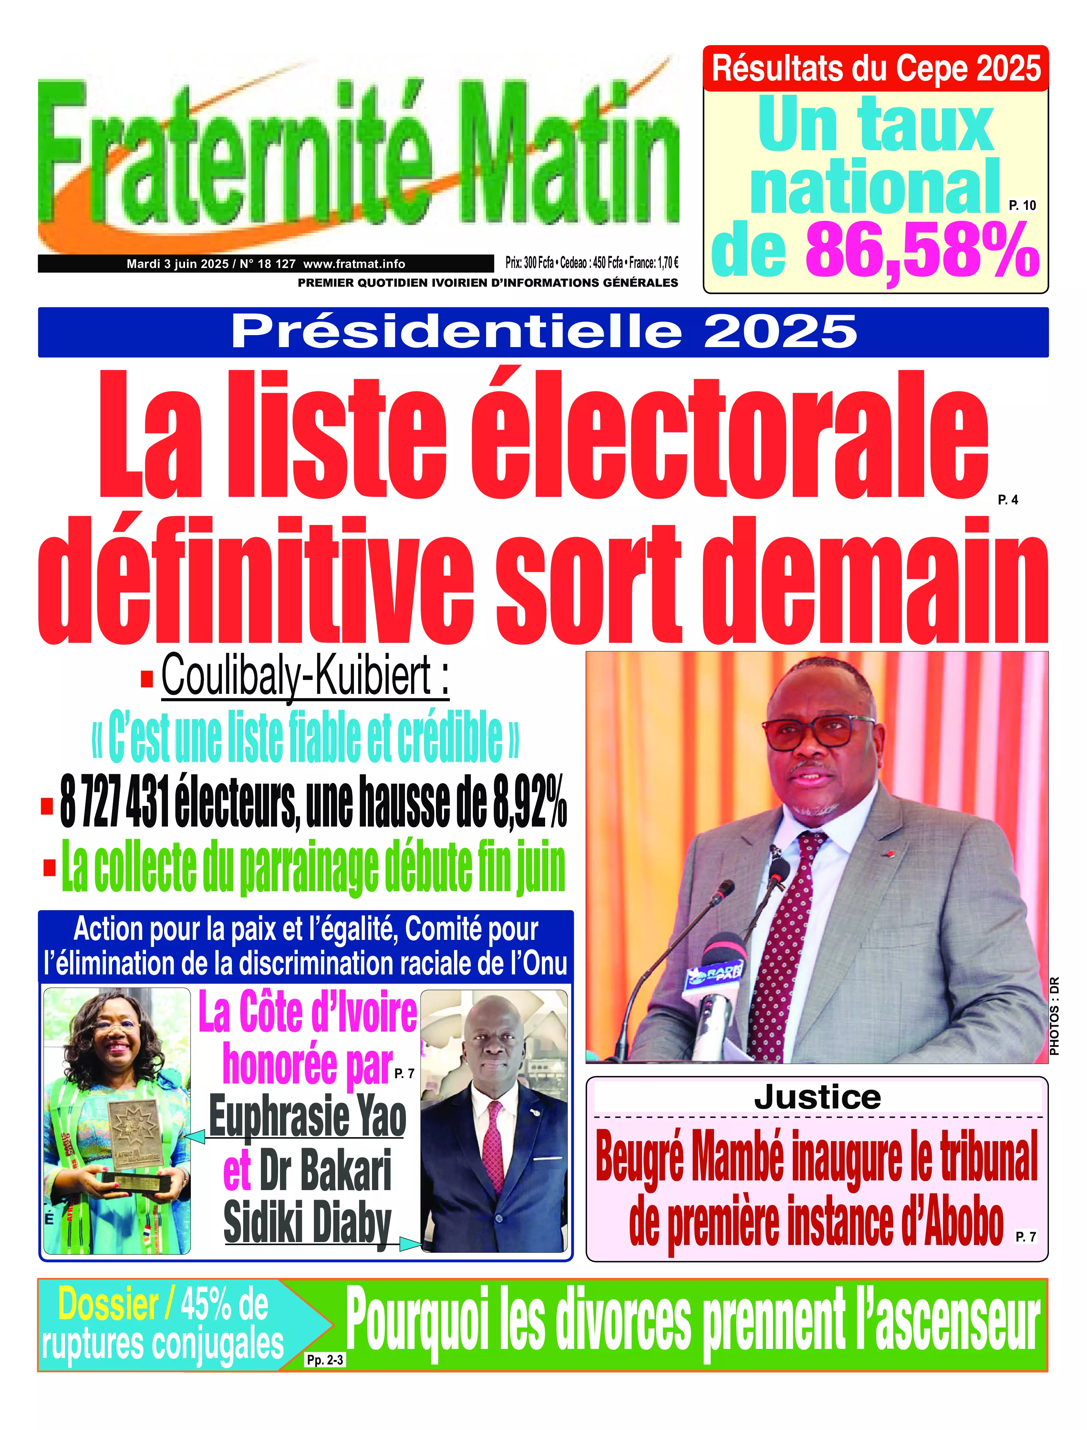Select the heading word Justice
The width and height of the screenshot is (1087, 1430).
(x=817, y=1097)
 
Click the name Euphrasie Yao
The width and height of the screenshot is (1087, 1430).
(x=307, y=1117)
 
